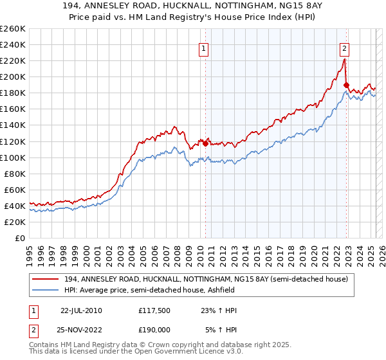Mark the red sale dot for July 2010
point(206,143)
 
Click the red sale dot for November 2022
point(346,85)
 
